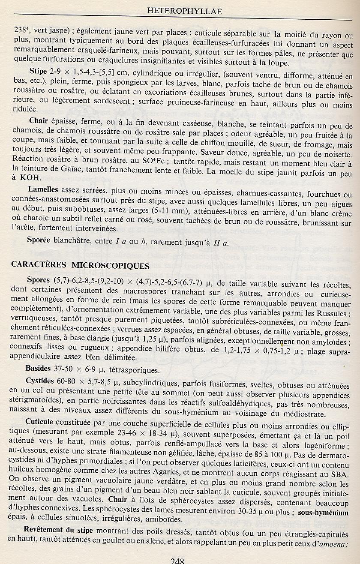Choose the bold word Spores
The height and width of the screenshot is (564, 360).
click(x=39, y=280)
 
